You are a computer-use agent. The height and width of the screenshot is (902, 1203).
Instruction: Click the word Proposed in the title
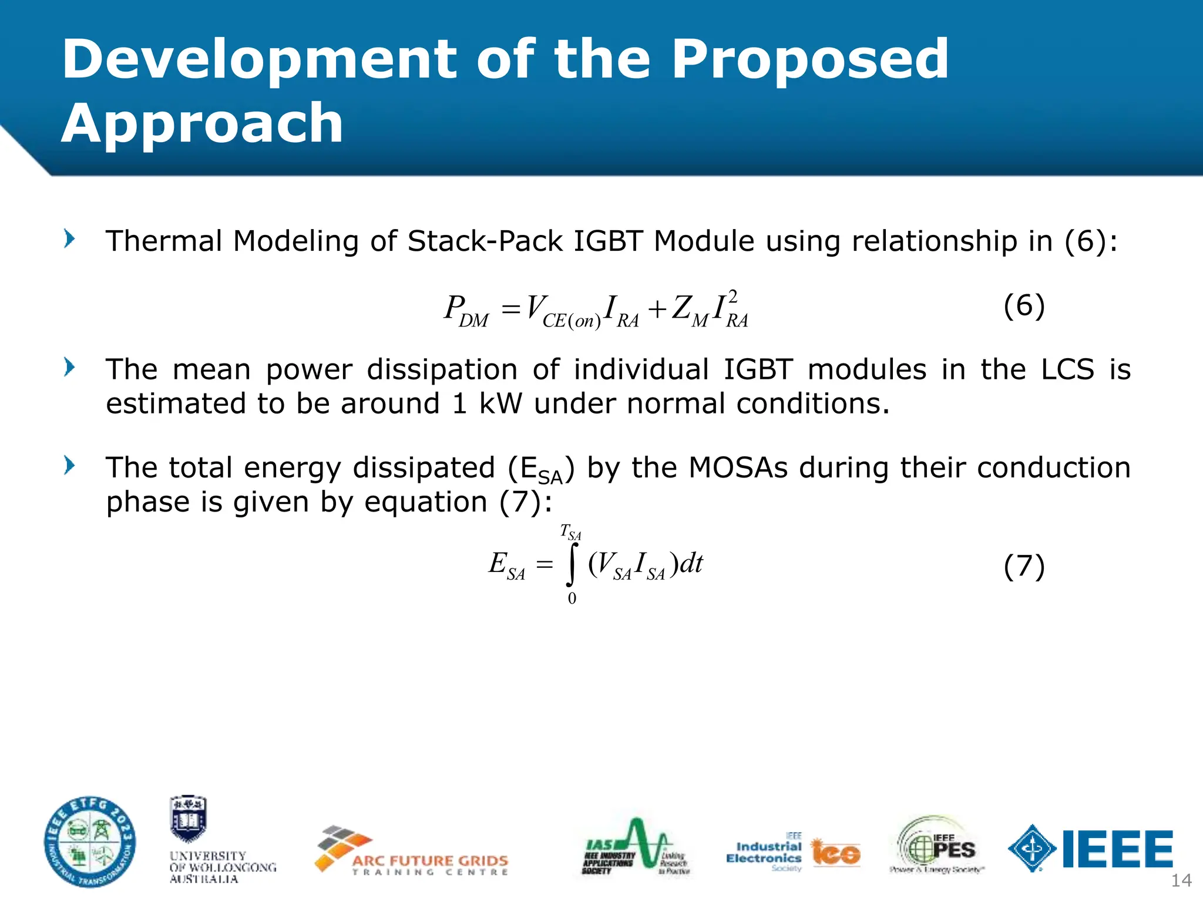pyautogui.click(x=809, y=60)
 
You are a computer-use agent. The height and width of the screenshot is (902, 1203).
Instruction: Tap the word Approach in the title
pyautogui.click(x=202, y=123)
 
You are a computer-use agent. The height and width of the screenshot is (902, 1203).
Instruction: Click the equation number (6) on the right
pyautogui.click(x=1024, y=306)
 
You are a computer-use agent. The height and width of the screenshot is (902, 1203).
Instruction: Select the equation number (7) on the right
pyautogui.click(x=1024, y=567)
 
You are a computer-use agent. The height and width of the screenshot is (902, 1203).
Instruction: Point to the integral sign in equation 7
pyautogui.click(x=572, y=564)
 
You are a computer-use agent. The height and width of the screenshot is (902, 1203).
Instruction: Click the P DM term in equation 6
pyautogui.click(x=466, y=311)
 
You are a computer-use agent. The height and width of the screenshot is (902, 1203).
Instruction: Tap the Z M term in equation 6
pyautogui.click(x=690, y=311)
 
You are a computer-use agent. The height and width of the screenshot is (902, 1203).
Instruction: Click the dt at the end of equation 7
pyautogui.click(x=691, y=563)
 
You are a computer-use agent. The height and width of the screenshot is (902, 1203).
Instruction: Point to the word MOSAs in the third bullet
pyautogui.click(x=738, y=468)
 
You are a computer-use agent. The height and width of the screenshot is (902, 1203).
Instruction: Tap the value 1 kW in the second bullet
pyautogui.click(x=487, y=404)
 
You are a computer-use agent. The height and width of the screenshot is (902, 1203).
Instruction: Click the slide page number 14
pyautogui.click(x=1181, y=880)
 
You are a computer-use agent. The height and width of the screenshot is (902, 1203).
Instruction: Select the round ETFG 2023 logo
pyautogui.click(x=90, y=842)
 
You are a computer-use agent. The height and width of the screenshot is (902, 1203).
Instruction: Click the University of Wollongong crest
pyautogui.click(x=188, y=819)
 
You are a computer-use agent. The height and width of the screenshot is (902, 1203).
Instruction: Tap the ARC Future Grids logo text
pyautogui.click(x=430, y=861)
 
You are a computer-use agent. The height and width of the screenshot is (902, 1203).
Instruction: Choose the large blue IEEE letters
pyautogui.click(x=1117, y=849)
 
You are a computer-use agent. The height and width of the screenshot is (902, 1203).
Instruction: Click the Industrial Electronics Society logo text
pyautogui.click(x=764, y=853)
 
